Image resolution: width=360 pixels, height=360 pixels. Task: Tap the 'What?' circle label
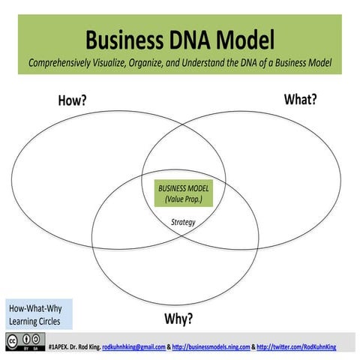point(299,99)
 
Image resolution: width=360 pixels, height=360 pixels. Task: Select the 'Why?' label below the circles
point(178,318)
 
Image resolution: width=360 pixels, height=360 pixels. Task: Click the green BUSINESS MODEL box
point(184,193)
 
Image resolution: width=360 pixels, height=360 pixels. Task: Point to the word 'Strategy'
point(183,222)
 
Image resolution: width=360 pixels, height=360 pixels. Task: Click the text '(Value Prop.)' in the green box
point(184,199)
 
